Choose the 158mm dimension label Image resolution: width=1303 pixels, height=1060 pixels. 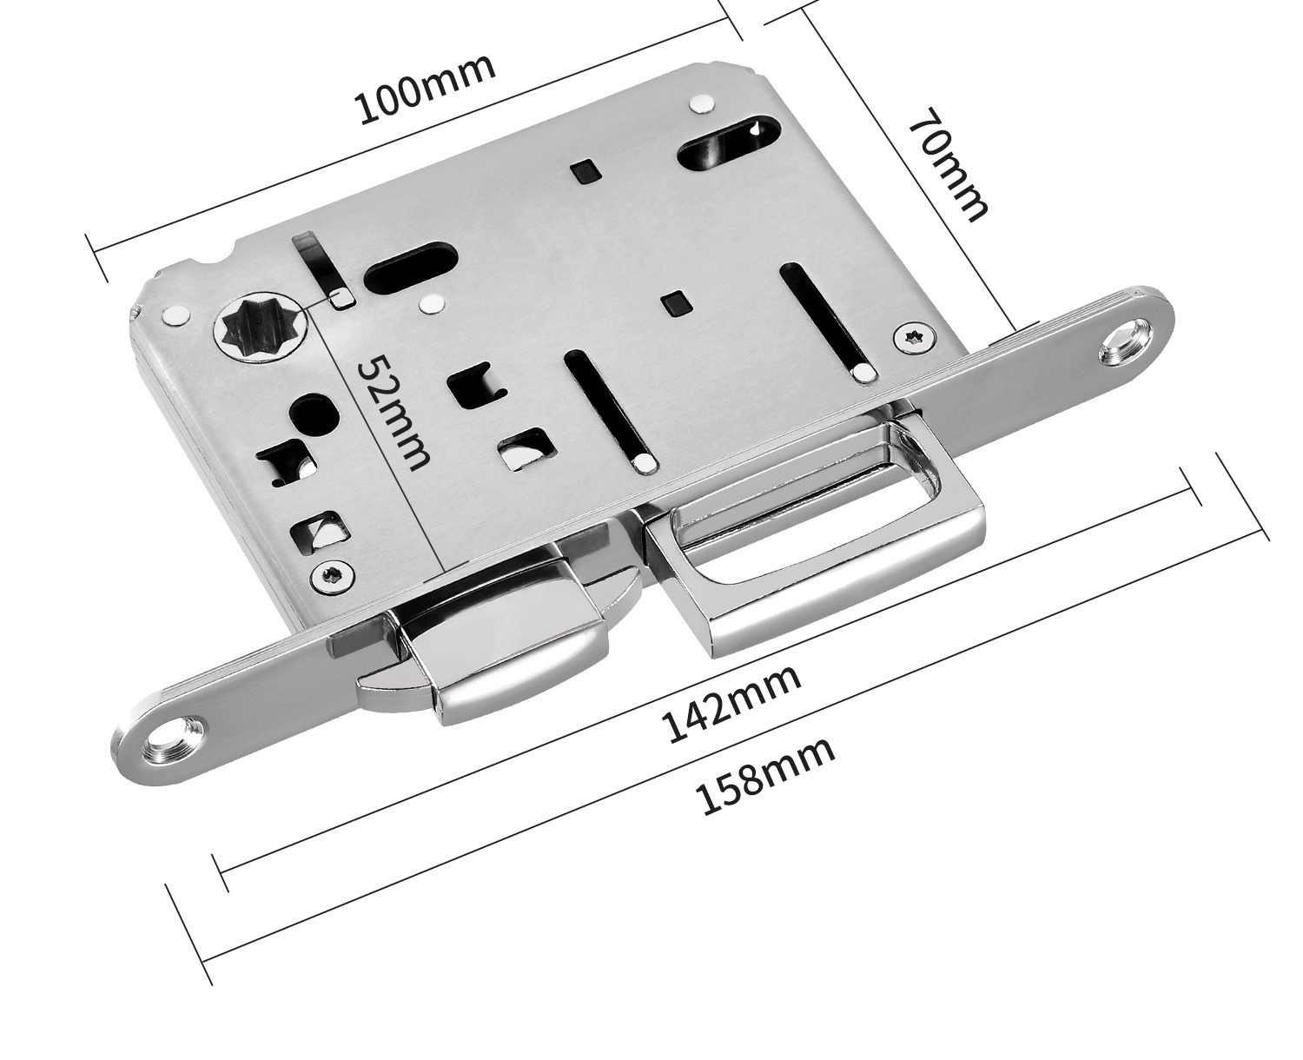click(x=766, y=776)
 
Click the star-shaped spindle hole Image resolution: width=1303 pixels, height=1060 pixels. click(x=256, y=333)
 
